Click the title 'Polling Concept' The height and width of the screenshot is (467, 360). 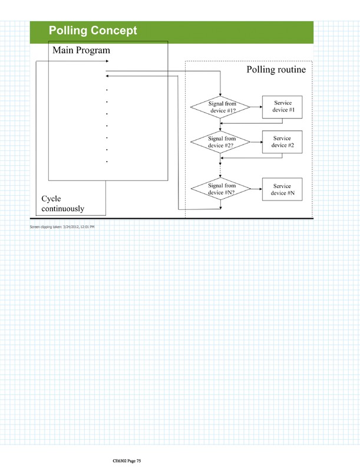[93, 31]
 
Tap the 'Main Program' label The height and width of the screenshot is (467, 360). [81, 51]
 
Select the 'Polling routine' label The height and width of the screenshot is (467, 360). [276, 70]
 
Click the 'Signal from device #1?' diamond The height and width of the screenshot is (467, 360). [220, 107]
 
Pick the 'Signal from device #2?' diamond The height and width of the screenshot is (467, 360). [220, 142]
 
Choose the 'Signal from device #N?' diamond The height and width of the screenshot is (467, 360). [220, 189]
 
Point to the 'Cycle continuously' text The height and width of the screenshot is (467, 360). [62, 203]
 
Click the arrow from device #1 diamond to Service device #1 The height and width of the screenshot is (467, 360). [255, 107]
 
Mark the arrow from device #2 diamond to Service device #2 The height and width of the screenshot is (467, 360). [255, 142]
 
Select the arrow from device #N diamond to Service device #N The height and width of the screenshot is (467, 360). [255, 189]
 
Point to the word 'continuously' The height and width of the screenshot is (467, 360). [62, 209]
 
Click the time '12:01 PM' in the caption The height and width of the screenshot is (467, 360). [86, 227]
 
